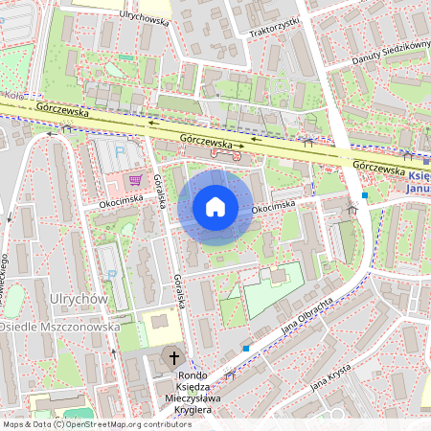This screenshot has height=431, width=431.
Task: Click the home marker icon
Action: tap(215, 207)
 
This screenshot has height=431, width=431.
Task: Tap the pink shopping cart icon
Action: tap(136, 179)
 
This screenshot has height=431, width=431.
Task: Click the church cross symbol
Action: tap(173, 358)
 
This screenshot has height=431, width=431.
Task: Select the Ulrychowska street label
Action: tap(145, 17)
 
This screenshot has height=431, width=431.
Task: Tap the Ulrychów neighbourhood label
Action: tap(80, 299)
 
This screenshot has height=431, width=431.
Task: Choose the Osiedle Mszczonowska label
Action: tap(59, 327)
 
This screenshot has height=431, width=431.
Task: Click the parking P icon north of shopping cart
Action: tap(120, 150)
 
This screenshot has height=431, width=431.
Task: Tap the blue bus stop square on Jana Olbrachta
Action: tap(246, 349)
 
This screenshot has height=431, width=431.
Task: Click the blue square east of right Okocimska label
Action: tap(365, 196)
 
